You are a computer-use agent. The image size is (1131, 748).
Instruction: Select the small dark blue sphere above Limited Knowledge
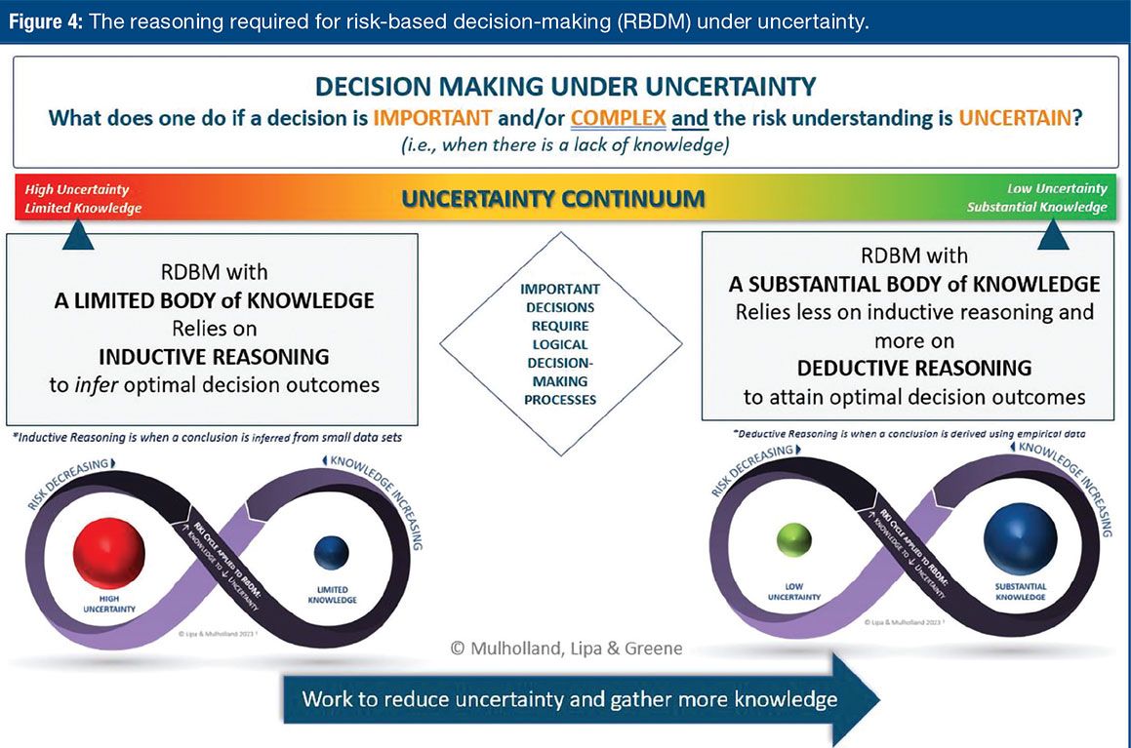pyautogui.click(x=331, y=553)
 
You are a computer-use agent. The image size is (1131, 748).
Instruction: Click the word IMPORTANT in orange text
pyautogui.click(x=431, y=119)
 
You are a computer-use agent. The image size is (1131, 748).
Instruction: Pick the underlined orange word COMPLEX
pyautogui.click(x=618, y=119)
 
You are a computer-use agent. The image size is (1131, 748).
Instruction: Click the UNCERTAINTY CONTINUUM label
pyautogui.click(x=553, y=198)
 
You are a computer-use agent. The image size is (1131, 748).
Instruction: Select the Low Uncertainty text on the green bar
pyautogui.click(x=1058, y=188)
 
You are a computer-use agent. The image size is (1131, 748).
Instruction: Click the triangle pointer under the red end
pyautogui.click(x=78, y=234)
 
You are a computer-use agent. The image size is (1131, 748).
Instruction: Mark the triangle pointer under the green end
pyautogui.click(x=1053, y=234)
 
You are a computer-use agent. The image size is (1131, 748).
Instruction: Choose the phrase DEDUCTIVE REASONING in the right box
pyautogui.click(x=913, y=368)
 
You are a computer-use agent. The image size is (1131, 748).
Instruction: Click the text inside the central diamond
pyautogui.click(x=560, y=344)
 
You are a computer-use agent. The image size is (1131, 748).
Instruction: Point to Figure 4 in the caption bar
pyautogui.click(x=45, y=21)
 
